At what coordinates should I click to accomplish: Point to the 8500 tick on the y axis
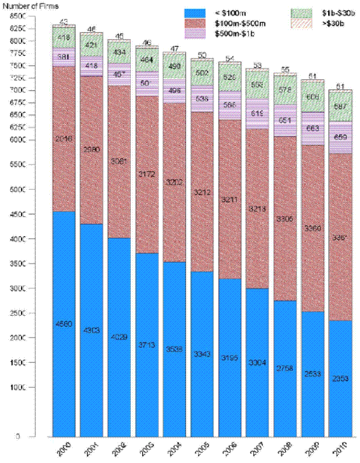pos(17,16)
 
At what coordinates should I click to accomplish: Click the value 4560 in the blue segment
pos(64,324)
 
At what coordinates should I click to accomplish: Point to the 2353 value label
pos(340,378)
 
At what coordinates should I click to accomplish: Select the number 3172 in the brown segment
pos(146,174)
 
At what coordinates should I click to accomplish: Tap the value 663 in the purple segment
pos(312,129)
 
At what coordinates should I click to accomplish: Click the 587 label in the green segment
pos(340,107)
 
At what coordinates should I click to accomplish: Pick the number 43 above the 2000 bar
pos(63,22)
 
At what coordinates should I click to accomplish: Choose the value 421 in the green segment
pos(91,44)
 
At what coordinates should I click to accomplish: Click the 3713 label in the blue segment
pos(146,345)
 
